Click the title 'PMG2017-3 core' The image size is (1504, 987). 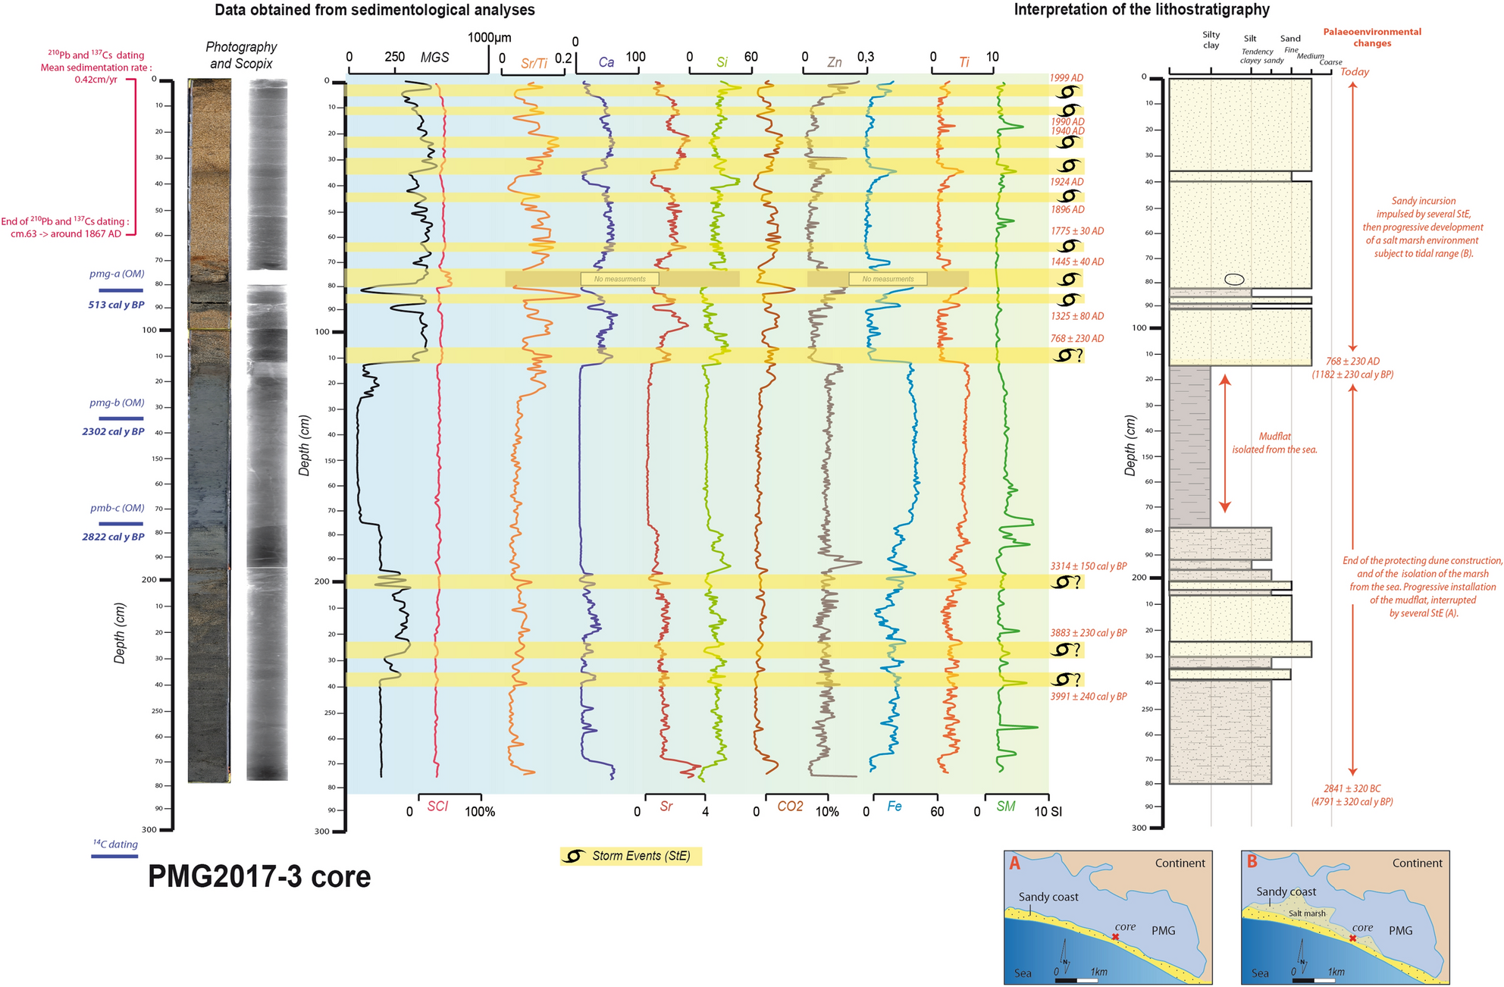tap(259, 877)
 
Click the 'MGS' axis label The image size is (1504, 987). tap(434, 58)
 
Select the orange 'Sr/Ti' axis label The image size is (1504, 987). tap(534, 64)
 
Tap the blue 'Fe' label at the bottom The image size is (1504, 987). tap(895, 807)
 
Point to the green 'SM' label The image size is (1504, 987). tap(1006, 807)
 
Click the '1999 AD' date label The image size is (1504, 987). tap(1067, 78)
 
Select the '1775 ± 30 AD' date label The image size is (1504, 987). tap(1077, 231)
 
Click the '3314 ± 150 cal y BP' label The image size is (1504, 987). tap(1088, 566)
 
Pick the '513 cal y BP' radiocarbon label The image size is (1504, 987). tap(116, 305)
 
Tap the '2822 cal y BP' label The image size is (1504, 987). tap(113, 537)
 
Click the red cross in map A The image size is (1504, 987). tap(1115, 938)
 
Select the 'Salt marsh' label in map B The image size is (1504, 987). tap(1307, 913)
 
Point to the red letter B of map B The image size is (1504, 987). tap(1252, 863)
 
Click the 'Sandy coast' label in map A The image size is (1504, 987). tap(1048, 897)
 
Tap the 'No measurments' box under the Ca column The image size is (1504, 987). tap(619, 279)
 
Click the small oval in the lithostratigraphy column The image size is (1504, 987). tap(1234, 279)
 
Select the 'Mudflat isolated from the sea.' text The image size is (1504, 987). tap(1274, 443)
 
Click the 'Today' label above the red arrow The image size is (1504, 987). tap(1355, 72)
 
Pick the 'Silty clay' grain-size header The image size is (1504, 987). tap(1211, 39)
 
